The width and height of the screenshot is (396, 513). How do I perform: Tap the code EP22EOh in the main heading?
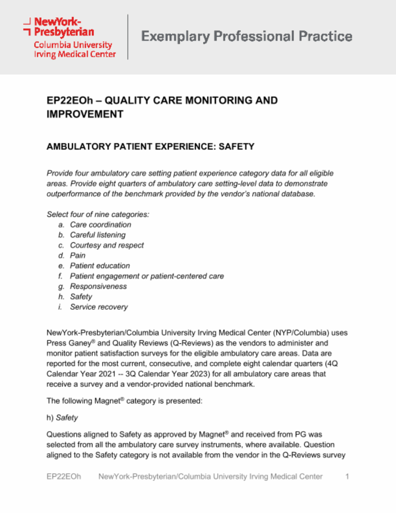[70, 101]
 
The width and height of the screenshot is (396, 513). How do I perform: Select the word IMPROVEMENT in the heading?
[85, 115]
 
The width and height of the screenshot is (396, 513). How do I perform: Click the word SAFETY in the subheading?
[236, 147]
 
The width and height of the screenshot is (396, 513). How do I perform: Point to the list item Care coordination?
[101, 225]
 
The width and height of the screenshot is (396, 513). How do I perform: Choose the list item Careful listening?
[98, 235]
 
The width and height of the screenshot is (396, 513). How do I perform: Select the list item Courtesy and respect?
[107, 245]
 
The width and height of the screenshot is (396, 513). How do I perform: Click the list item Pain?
[78, 256]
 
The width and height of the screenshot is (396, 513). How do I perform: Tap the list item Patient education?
[100, 266]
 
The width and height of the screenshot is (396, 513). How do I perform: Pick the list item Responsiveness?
[98, 287]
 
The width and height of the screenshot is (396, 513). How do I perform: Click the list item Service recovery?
[99, 307]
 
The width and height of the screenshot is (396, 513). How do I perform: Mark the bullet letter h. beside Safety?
[61, 297]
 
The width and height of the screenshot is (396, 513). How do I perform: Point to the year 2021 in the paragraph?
[107, 374]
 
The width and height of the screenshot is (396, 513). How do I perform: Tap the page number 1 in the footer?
[347, 477]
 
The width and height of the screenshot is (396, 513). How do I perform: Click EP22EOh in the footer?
[64, 477]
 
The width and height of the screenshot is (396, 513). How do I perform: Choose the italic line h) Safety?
[62, 418]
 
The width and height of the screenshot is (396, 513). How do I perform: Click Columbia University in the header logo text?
[73, 45]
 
